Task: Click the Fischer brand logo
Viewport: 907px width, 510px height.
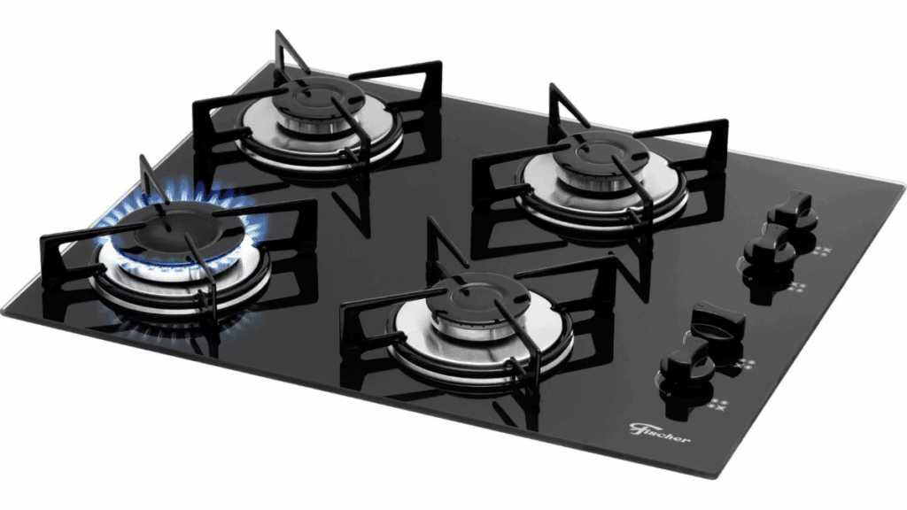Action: pos(659,432)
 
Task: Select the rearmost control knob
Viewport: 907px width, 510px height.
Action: pos(791,209)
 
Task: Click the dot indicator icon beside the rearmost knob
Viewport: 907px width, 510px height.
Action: pos(821,251)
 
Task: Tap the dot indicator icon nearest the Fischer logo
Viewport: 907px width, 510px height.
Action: pos(718,404)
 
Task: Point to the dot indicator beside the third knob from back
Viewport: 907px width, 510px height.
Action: pos(745,365)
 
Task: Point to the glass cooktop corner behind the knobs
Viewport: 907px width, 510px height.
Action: pos(903,186)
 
